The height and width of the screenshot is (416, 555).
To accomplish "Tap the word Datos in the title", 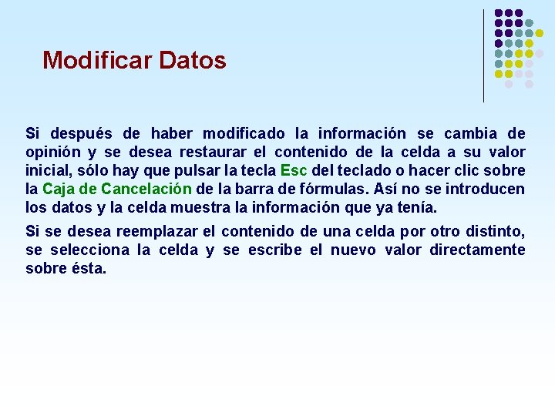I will (x=192, y=60).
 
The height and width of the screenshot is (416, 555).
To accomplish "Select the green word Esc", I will (x=294, y=170).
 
